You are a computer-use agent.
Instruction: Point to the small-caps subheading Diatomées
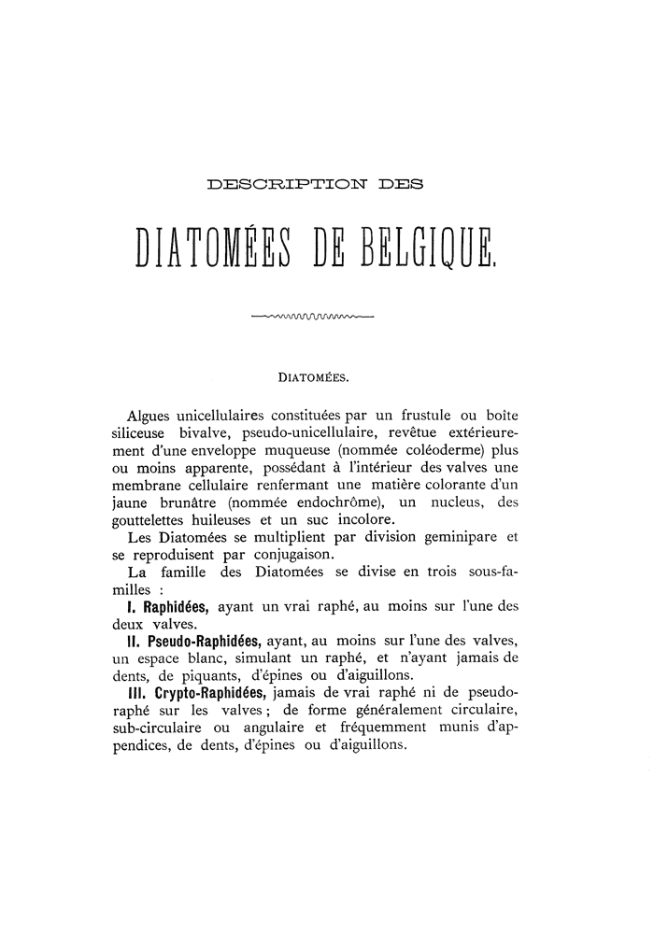(314, 379)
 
